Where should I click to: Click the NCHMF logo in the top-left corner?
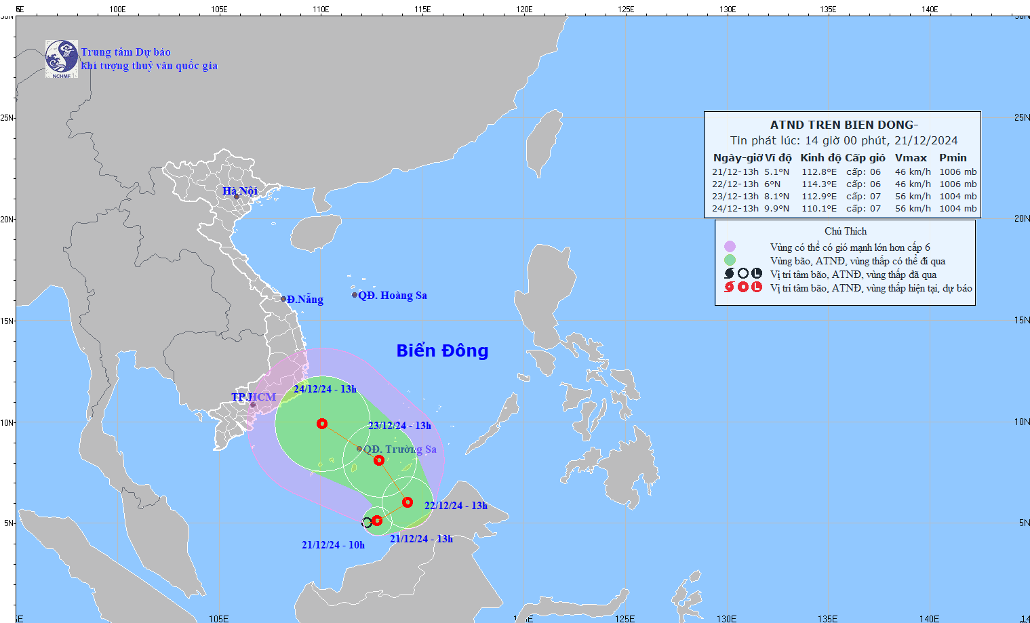62,59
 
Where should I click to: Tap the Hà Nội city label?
240,191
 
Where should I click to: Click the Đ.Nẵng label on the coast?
304,300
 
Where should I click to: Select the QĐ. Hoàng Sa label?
392,296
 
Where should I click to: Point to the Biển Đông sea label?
442,350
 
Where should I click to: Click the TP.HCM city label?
254,397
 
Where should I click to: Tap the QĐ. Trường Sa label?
399,449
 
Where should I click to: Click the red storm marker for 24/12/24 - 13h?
322,424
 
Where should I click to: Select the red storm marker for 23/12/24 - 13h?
379,460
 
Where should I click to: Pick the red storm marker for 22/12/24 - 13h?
408,502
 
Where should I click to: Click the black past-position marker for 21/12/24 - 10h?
367,522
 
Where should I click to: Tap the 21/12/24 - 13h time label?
421,539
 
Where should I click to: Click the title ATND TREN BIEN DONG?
844,125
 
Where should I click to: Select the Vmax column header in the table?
911,158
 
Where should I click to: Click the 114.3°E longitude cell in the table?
819,184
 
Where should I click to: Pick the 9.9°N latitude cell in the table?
777,209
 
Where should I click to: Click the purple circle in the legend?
730,247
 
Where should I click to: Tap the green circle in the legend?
730,260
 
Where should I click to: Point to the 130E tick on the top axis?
728,9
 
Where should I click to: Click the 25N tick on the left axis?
7,118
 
